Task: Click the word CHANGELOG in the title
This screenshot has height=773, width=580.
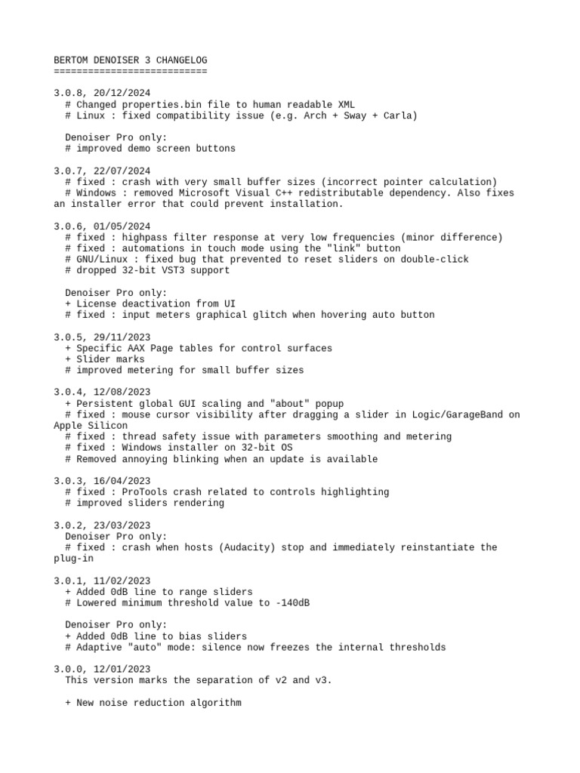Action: pos(181,60)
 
